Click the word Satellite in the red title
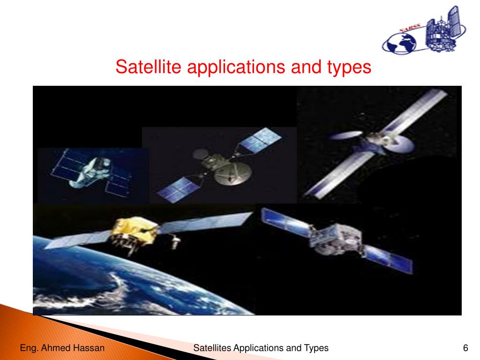point(148,67)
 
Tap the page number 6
point(465,348)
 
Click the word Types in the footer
point(316,348)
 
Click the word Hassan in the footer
point(90,348)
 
